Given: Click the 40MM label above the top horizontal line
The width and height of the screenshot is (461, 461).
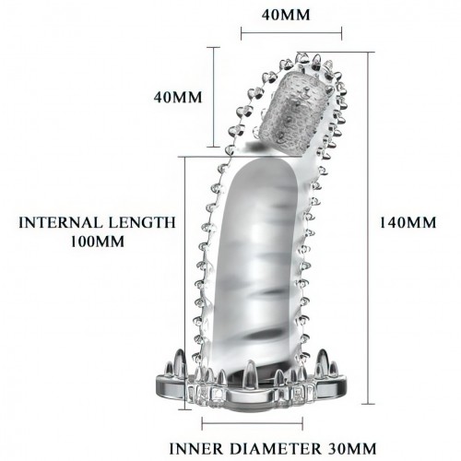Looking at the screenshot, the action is (x=286, y=15).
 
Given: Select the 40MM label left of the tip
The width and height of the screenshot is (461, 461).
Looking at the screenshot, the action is (x=178, y=97).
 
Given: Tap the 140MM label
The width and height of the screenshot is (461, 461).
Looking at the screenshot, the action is (x=408, y=222).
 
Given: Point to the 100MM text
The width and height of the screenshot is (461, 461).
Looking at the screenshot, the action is (x=98, y=242).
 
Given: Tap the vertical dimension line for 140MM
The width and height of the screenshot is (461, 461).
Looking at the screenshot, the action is (x=368, y=228).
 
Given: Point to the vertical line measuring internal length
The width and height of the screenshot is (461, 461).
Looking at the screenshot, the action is (x=184, y=283).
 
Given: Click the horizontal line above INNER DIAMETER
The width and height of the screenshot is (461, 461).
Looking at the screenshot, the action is (x=253, y=423).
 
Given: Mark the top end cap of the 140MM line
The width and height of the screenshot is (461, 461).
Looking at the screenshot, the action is (x=368, y=52).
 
